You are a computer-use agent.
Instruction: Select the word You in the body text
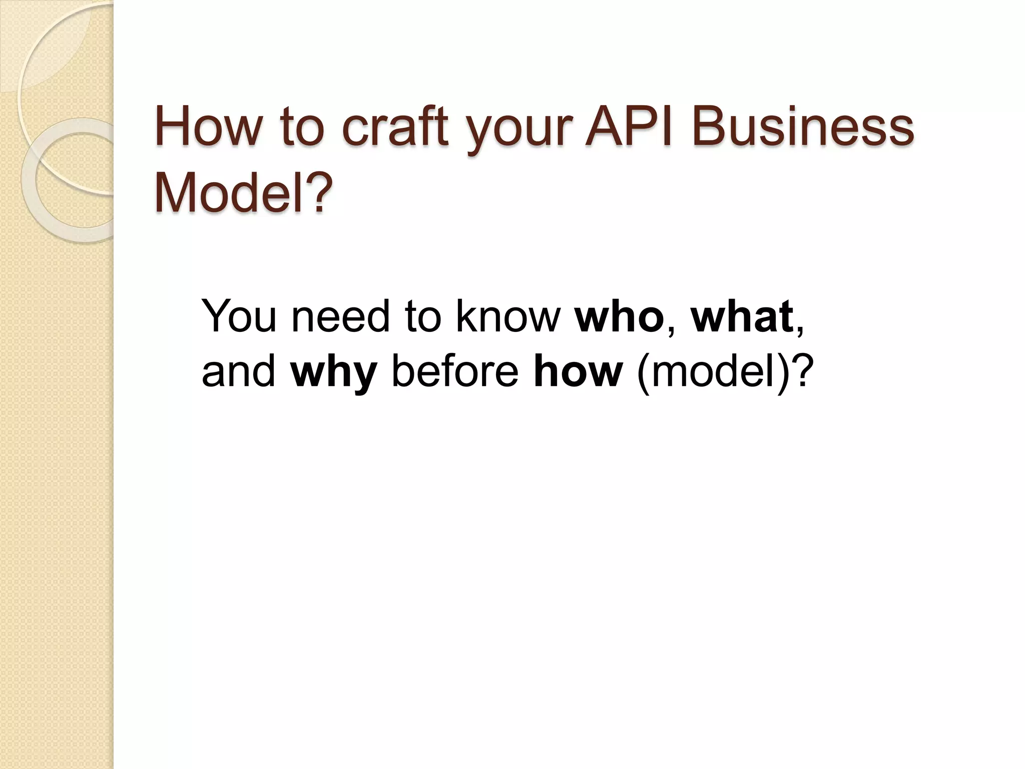click(x=239, y=316)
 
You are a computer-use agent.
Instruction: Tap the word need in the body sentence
click(x=340, y=316)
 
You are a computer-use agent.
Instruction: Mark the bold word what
click(x=742, y=316)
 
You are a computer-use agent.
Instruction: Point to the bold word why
click(x=333, y=373)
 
